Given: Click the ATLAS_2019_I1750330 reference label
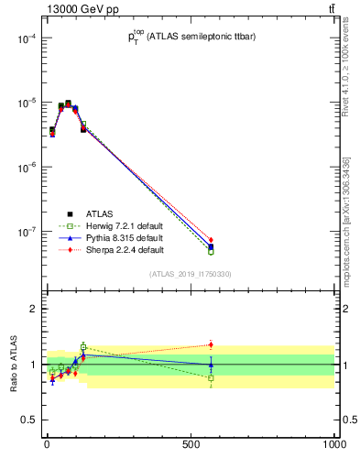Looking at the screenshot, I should (x=191, y=274).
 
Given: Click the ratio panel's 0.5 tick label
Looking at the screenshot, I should (x=29, y=420).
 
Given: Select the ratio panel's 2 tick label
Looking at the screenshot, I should (x=33, y=309).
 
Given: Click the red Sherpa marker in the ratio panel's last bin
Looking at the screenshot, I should (x=211, y=345).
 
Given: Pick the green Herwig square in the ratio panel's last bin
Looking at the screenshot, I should (x=211, y=377).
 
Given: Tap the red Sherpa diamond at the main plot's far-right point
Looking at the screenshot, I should (x=211, y=240).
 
